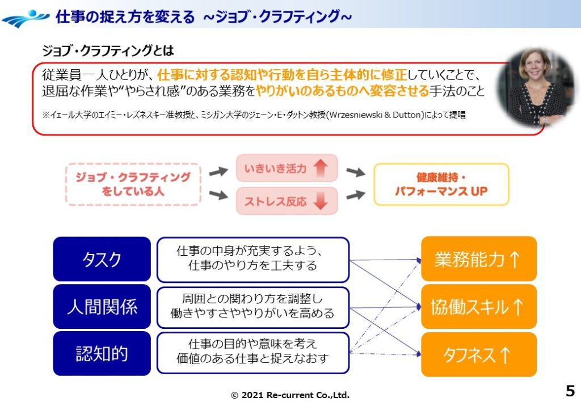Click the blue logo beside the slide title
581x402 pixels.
point(25,18)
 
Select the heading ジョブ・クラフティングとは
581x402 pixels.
point(108,50)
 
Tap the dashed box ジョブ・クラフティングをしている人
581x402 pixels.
point(133,184)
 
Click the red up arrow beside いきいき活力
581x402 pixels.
point(321,168)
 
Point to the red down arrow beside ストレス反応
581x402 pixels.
point(321,201)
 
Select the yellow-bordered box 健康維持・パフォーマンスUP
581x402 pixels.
point(441,184)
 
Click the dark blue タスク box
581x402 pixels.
point(102,259)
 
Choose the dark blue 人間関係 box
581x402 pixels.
point(102,307)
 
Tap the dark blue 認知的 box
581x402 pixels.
point(102,354)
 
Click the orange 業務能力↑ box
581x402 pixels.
point(478,259)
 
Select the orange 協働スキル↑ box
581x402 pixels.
point(478,307)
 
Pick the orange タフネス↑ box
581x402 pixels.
point(478,354)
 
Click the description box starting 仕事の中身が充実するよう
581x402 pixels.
point(252,259)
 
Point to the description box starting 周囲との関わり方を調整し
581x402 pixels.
point(252,307)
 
